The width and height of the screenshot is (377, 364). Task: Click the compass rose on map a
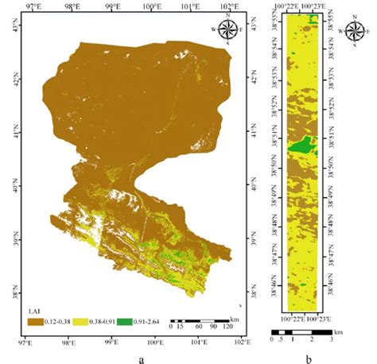click(227, 30)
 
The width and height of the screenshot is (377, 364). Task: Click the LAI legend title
click(33, 312)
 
